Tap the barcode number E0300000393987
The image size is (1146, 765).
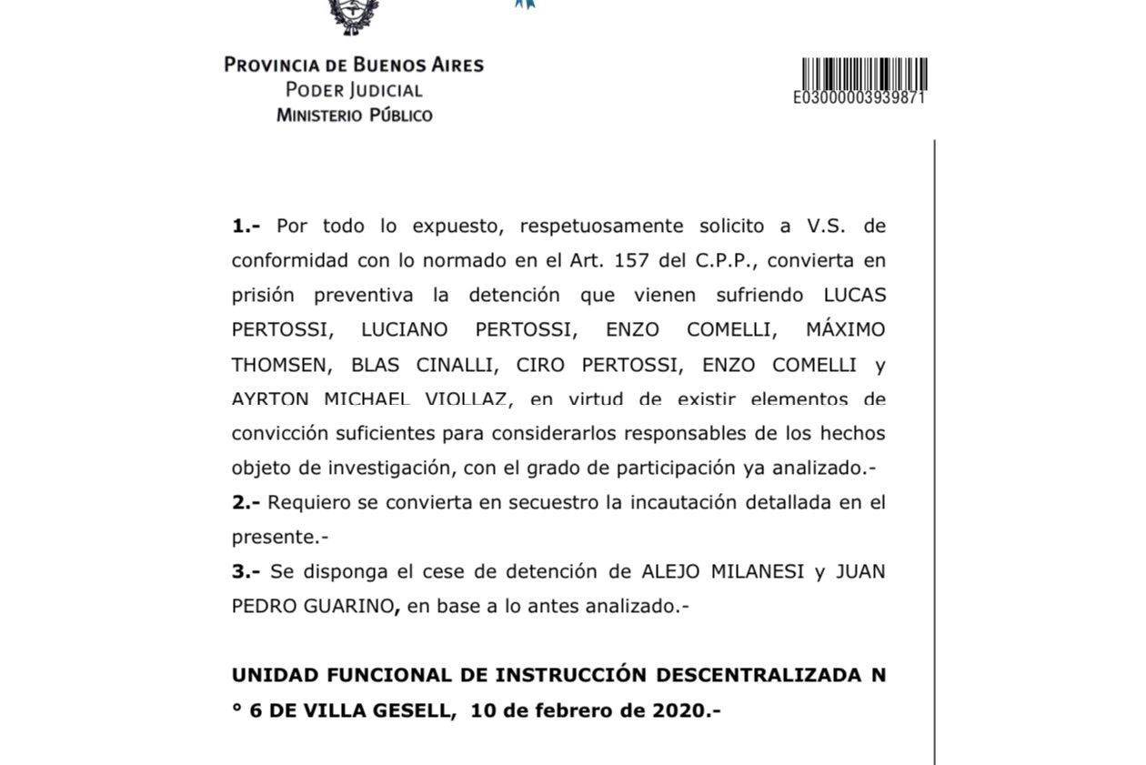(x=859, y=98)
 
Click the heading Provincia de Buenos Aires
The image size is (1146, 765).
(x=354, y=65)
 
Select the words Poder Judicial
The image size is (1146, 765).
(x=354, y=90)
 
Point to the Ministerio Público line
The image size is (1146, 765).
(x=354, y=116)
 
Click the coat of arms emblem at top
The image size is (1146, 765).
(x=354, y=15)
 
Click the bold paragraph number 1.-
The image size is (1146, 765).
(x=246, y=226)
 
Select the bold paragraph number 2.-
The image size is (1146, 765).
(x=246, y=502)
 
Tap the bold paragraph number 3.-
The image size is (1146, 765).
(x=246, y=571)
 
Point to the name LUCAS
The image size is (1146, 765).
(x=854, y=295)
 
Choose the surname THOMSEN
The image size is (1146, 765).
(x=277, y=365)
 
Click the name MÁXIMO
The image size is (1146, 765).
(x=845, y=329)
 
